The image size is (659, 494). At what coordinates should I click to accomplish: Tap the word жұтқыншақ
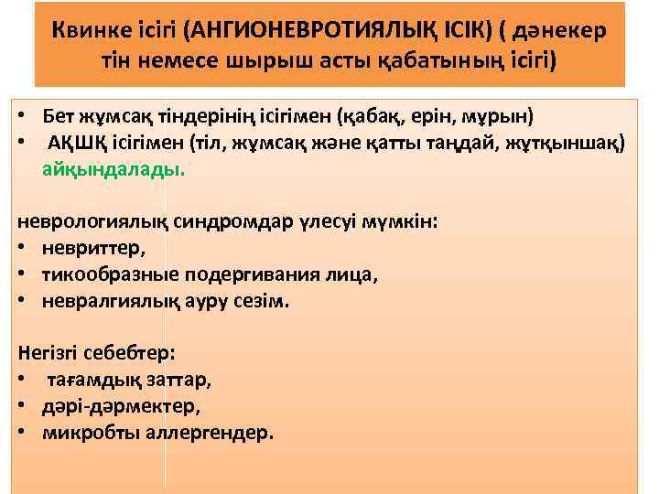(x=565, y=143)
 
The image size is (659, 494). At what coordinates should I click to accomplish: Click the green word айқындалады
(x=113, y=168)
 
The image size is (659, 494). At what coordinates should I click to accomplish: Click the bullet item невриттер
(x=92, y=248)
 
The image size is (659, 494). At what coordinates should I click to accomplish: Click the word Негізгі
(x=47, y=353)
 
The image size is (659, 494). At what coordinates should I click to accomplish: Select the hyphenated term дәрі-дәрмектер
(x=120, y=405)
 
